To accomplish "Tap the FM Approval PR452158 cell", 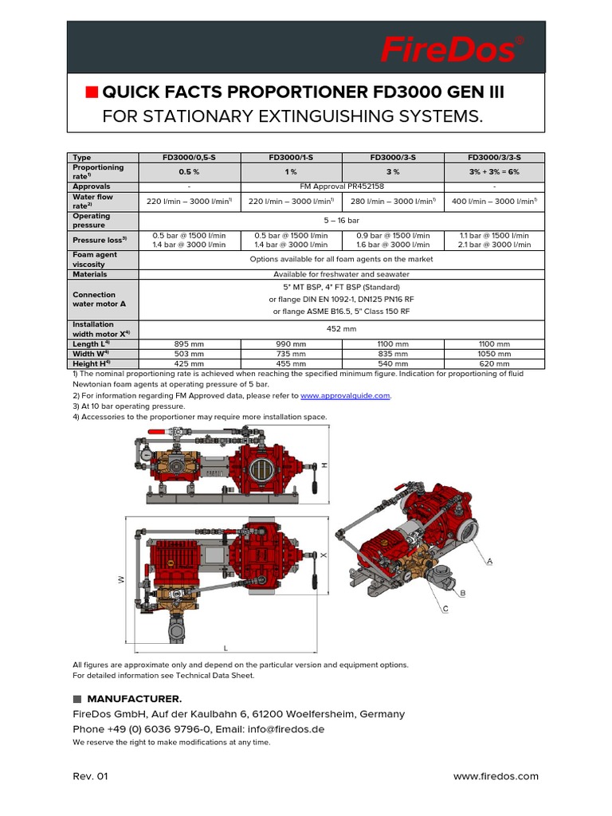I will [342, 186].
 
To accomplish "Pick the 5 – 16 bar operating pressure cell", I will [342, 221].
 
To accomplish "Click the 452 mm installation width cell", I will [342, 329].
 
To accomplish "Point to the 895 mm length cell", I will [190, 343].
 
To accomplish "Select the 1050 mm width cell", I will [494, 353].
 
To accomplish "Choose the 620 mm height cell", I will [494, 363].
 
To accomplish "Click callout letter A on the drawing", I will [490, 562].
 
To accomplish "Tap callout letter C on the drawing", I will [445, 609].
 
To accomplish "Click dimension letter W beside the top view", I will [122, 580].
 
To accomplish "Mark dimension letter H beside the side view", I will [324, 465].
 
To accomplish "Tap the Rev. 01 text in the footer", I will [90, 776].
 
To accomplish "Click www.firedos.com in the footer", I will [496, 776].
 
